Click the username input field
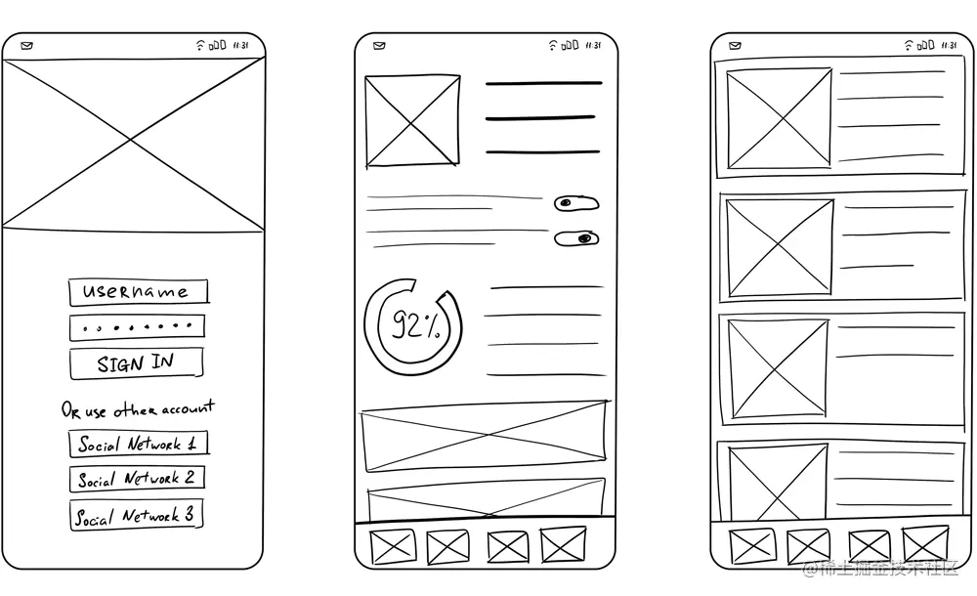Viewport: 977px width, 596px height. [139, 291]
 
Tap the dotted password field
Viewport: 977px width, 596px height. [138, 326]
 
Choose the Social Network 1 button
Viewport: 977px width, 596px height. [138, 444]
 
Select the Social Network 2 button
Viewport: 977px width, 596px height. [138, 479]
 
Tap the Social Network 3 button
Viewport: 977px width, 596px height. [137, 515]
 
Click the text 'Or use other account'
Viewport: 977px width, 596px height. [138, 409]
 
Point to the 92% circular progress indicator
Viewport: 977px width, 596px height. [412, 324]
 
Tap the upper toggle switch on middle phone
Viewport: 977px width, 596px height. [576, 203]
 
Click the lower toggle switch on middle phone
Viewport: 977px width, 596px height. [576, 238]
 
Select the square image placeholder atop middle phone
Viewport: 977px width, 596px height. [411, 121]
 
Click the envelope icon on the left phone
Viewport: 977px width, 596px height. [26, 45]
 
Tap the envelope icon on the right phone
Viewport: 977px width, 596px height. [734, 45]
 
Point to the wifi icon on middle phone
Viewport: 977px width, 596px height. [553, 45]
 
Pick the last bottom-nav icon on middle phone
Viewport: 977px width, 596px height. [564, 545]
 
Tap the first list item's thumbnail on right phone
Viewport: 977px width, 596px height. [779, 118]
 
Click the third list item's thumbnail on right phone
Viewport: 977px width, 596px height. [779, 368]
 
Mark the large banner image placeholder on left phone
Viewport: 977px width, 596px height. [134, 145]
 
